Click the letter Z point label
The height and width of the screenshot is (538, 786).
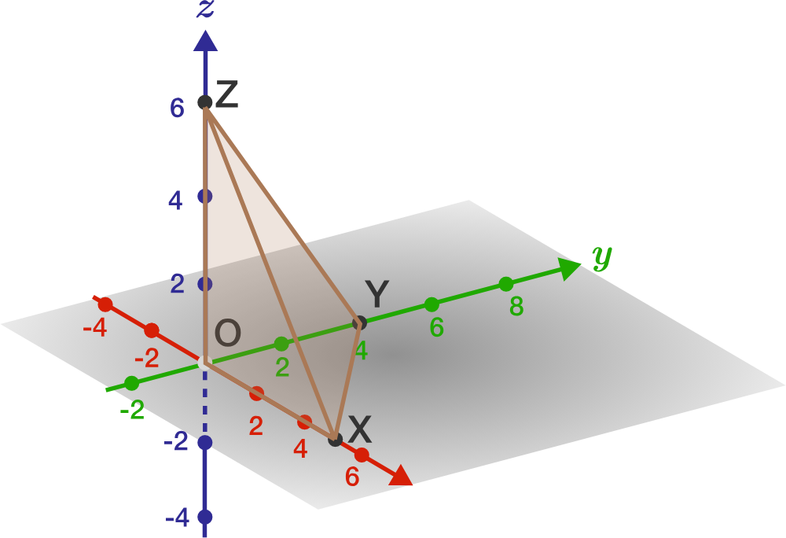[x=226, y=95]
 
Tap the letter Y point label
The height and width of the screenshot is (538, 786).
[x=377, y=295]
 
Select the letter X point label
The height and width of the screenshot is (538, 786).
[x=359, y=429]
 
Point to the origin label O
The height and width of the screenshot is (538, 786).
[x=227, y=333]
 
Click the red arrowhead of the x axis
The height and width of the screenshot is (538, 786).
[x=400, y=475]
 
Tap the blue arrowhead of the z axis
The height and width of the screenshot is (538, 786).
[x=205, y=40]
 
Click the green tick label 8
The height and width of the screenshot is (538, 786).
[x=516, y=307]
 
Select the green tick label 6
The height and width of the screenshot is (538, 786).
[x=437, y=327]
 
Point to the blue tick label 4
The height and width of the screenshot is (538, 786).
[x=175, y=201]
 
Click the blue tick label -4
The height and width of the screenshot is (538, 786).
[x=178, y=518]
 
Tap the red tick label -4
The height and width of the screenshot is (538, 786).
[x=95, y=326]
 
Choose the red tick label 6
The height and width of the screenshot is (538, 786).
[x=352, y=477]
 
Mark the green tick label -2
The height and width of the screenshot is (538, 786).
[x=133, y=410]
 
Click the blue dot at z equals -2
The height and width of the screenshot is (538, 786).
[x=205, y=443]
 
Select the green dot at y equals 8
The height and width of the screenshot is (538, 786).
[x=506, y=283]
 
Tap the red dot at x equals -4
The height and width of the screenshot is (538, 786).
[x=105, y=304]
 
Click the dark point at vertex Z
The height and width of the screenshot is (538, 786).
[x=204, y=101]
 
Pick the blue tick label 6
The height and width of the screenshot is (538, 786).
[x=177, y=109]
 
